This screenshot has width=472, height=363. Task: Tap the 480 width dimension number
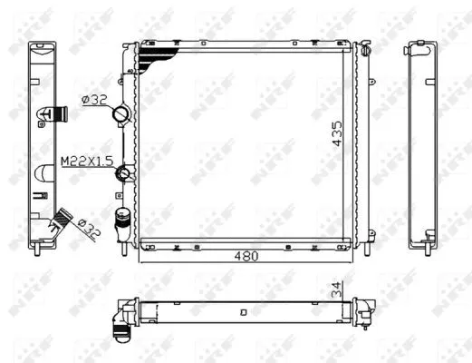tap(244, 257)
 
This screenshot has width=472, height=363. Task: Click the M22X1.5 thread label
tap(85, 161)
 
